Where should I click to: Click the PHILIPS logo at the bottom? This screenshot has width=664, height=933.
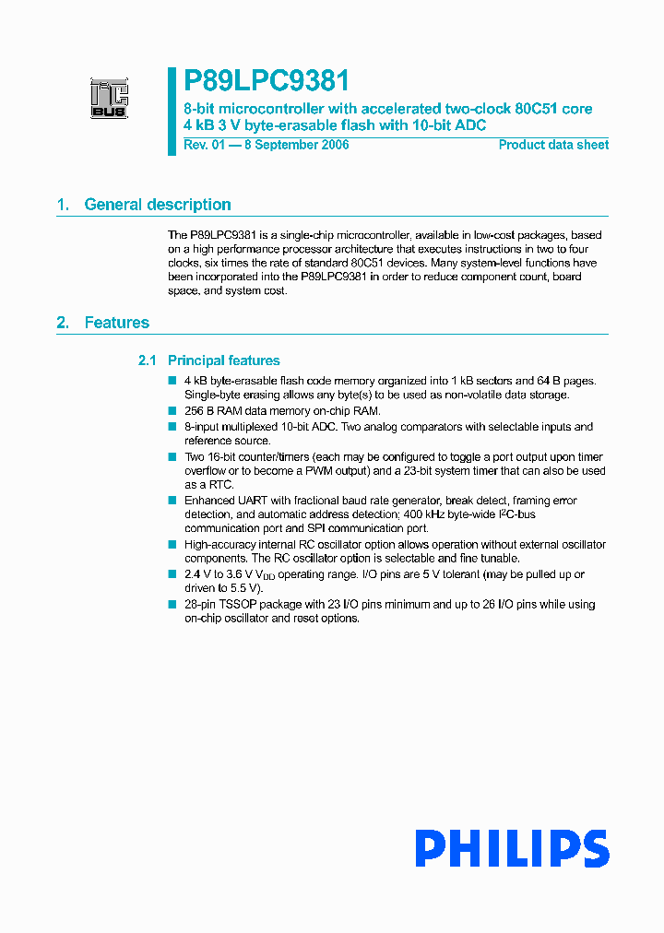tap(511, 848)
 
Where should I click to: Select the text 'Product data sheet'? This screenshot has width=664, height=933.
tap(553, 145)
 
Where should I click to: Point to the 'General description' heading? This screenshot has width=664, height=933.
tap(158, 205)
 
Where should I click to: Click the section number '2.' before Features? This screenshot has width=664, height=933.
tap(63, 323)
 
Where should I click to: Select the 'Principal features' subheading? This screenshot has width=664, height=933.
tap(223, 360)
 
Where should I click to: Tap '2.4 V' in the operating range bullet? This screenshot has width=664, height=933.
tap(197, 574)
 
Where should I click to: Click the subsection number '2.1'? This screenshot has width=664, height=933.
tap(147, 360)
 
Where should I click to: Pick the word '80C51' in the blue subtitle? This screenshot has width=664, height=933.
tap(536, 109)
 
